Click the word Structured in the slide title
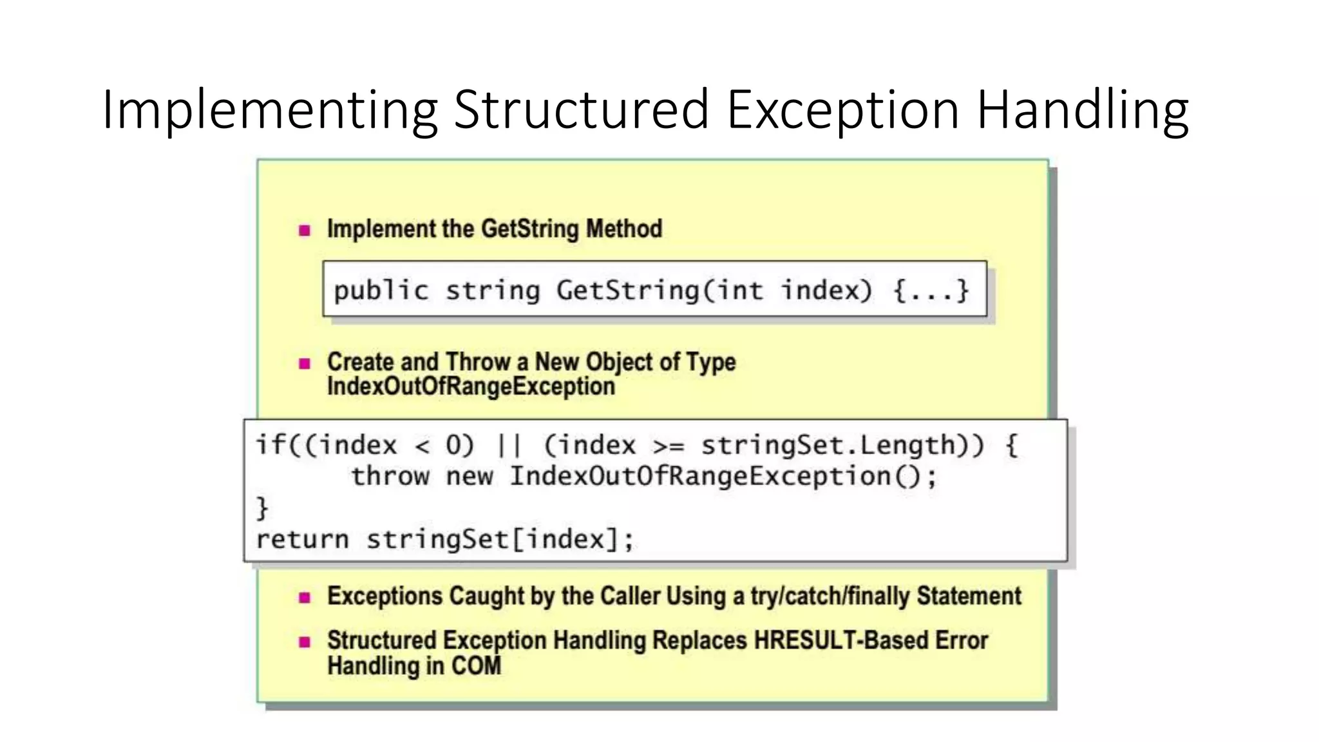tap(581, 109)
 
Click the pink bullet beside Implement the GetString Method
tap(305, 230)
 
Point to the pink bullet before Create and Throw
tap(305, 363)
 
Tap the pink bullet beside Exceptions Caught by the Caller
tap(305, 598)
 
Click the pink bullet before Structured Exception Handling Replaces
tap(305, 642)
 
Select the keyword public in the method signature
tap(381, 290)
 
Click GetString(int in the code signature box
tap(659, 290)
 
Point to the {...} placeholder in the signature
tap(931, 290)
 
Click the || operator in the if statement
tap(509, 445)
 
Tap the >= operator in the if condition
tap(668, 446)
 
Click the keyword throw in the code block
tap(390, 477)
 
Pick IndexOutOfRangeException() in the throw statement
tap(723, 477)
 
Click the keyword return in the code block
tap(302, 539)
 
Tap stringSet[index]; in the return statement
tap(500, 539)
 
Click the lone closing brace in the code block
tap(262, 508)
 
